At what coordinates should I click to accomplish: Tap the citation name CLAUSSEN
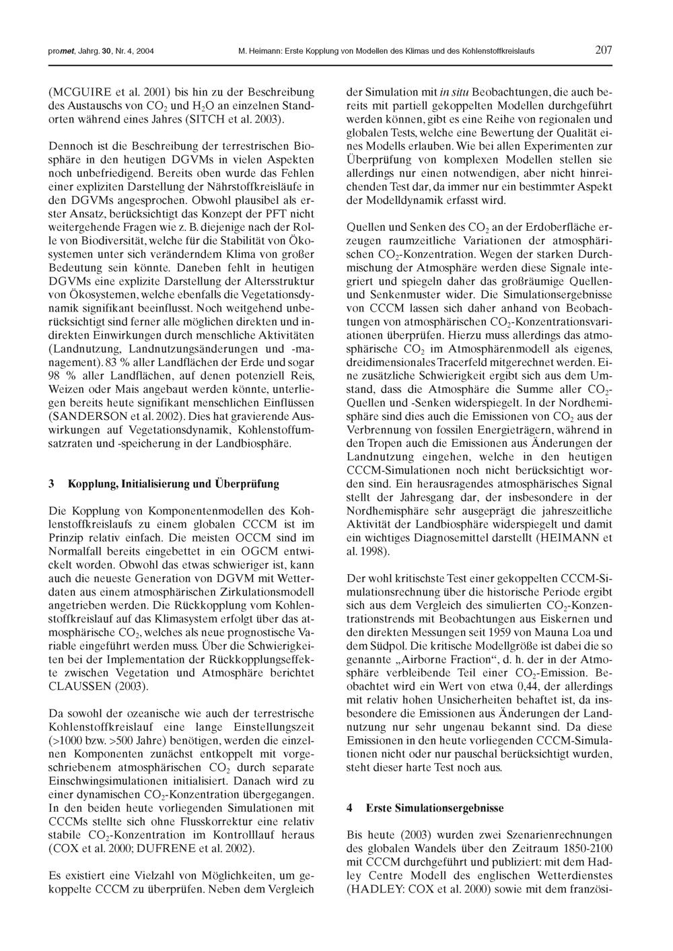click(84, 686)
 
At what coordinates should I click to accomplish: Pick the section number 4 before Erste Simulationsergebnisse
click(349, 807)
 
